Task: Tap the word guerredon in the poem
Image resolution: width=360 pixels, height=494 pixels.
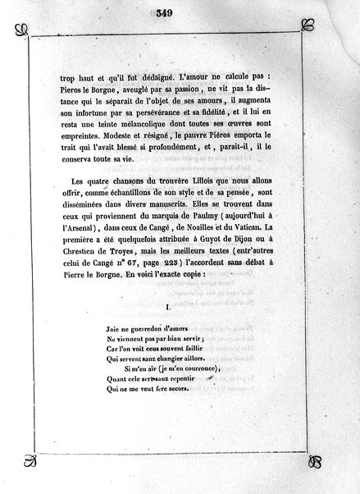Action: (146, 330)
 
